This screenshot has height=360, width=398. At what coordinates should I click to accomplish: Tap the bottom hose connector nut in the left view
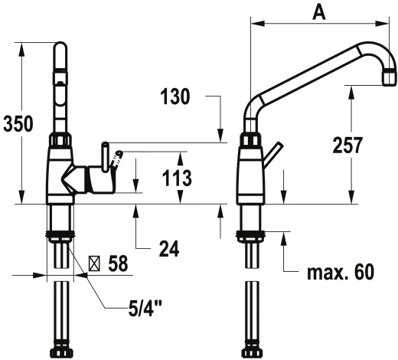[60, 353]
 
